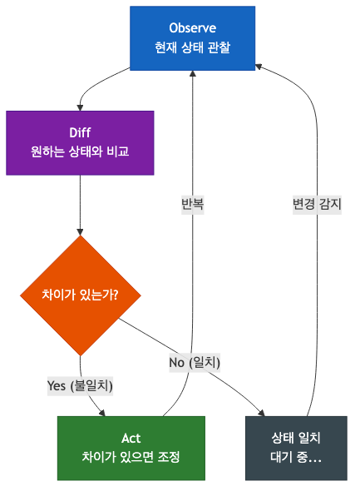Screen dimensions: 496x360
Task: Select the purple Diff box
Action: point(80,142)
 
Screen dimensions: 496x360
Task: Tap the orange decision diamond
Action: point(80,295)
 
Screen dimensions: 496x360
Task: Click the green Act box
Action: point(131,448)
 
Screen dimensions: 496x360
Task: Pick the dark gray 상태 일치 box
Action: point(296,448)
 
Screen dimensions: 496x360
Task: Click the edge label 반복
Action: point(193,203)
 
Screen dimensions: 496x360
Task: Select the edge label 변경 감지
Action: point(317,203)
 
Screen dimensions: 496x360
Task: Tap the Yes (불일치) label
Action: point(80,385)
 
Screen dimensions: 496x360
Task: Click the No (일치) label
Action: point(195,362)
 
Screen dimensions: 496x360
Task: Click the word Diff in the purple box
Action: point(80,132)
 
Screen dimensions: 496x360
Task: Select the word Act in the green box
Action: point(131,438)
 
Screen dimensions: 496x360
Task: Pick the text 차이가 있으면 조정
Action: point(131,458)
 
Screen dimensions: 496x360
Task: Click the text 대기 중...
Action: point(296,458)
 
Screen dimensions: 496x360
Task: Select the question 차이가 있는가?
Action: point(80,295)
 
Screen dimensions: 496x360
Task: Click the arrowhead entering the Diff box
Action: point(80,107)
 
